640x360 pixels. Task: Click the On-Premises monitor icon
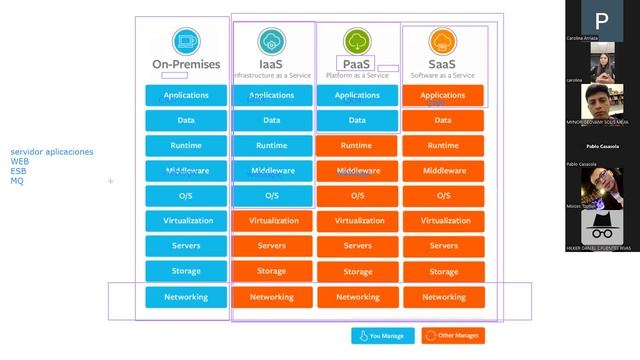186,41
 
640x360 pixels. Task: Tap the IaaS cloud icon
271,41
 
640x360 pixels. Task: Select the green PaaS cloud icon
357,41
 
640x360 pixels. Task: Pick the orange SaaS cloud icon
443,41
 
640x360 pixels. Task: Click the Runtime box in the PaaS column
357,146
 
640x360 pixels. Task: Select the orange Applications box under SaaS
443,96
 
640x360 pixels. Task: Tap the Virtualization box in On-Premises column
186,221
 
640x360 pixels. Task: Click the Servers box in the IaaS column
272,246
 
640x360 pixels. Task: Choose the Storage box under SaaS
443,271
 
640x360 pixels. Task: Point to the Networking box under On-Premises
186,297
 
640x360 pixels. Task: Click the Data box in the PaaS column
357,121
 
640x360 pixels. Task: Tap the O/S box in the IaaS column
272,196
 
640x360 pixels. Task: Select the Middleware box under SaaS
443,171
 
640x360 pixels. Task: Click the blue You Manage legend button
382,336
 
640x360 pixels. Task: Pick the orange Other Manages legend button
453,336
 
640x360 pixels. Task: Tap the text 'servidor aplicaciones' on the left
52,152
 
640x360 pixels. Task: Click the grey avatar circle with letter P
601,21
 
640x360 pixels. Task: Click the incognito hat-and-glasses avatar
601,224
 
